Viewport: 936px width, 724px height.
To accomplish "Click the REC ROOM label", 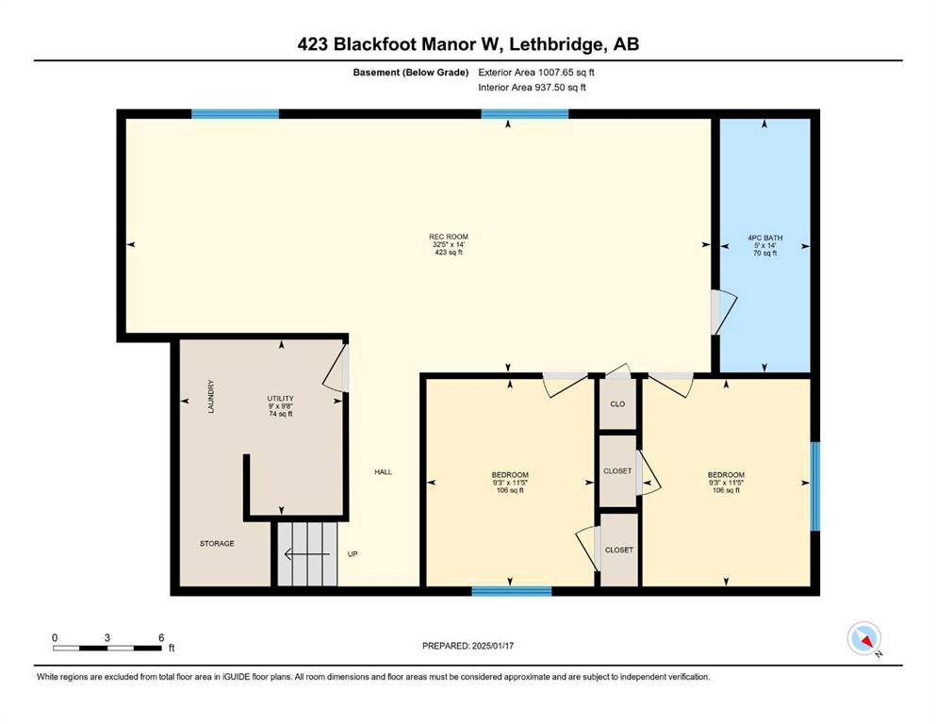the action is (449, 237).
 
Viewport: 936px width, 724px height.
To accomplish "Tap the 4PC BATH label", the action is (764, 238).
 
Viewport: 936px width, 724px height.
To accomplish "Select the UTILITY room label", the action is (280, 399).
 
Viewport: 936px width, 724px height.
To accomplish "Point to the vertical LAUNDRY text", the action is (211, 397).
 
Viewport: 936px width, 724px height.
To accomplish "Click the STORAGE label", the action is (217, 544).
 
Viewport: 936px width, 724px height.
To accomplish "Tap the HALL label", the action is (384, 472).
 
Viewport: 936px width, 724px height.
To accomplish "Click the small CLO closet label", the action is (617, 404).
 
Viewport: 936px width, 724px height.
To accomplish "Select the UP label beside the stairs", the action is (353, 554).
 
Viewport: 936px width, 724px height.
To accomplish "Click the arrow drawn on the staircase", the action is (307, 554).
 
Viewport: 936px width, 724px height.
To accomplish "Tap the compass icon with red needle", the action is (863, 638).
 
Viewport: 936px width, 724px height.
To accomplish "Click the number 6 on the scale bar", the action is (161, 638).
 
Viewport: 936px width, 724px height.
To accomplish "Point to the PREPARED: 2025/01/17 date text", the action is (468, 646).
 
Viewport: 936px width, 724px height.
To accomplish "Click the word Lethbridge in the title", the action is (550, 44).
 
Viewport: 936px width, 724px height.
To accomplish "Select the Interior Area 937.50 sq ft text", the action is (532, 87).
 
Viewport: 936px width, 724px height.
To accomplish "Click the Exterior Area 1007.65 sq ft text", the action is (536, 73).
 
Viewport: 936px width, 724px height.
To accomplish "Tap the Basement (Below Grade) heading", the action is (411, 73).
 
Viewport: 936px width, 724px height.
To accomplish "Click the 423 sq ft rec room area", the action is (449, 253).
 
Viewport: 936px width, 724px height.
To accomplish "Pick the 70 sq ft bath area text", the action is (764, 253).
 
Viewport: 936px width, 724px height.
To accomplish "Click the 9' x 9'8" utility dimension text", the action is (280, 406).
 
